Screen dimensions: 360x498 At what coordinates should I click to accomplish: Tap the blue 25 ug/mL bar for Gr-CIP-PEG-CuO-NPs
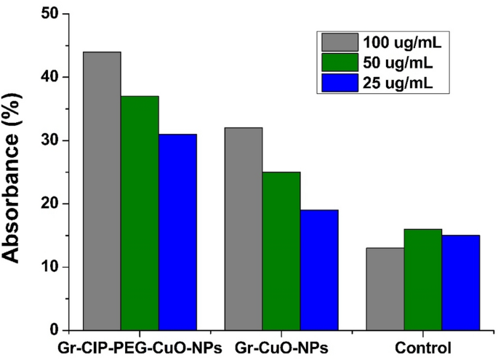tap(177, 232)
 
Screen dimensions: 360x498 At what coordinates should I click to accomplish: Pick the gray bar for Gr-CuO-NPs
tap(244, 228)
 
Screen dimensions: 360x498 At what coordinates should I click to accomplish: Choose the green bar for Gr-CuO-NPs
tap(281, 251)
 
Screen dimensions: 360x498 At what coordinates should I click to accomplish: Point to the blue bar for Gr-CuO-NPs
tap(319, 270)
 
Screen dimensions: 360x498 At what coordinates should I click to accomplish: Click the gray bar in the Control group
tap(385, 289)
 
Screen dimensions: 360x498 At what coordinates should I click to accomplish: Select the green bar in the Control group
tap(423, 279)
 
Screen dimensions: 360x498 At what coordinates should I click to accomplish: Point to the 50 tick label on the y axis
tap(49, 14)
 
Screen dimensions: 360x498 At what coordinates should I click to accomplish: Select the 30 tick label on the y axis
tap(49, 140)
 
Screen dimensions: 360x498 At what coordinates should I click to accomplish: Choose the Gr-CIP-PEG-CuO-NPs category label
tap(140, 348)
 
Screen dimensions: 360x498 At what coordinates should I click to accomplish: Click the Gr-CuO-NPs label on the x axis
tap(281, 348)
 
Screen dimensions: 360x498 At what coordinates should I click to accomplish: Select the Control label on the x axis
tap(423, 348)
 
